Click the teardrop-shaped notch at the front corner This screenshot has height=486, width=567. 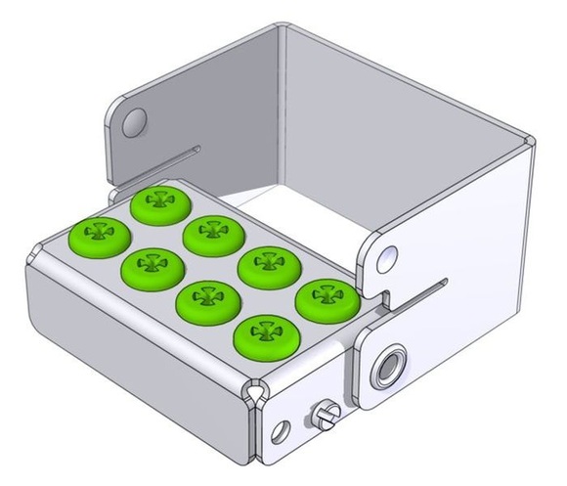(257, 393)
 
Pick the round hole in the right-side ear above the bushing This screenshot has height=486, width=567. (388, 256)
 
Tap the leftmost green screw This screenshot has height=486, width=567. (98, 234)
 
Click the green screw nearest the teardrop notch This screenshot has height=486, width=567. (259, 337)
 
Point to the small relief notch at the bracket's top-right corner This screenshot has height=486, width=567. (531, 142)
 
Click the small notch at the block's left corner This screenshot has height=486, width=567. (33, 256)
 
